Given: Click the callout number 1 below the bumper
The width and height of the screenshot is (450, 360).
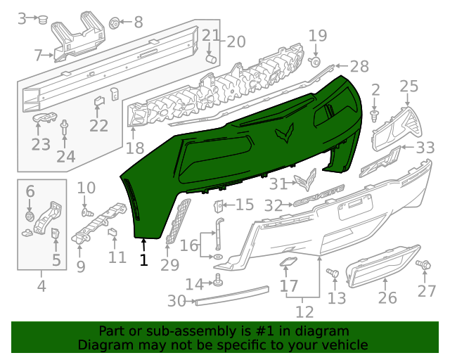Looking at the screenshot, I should pos(143,260).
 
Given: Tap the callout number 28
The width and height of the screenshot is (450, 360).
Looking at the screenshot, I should pos(359,67).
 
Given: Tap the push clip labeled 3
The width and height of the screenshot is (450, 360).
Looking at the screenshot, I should pos(43,20).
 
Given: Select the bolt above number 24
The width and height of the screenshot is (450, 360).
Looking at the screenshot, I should pos(65,129).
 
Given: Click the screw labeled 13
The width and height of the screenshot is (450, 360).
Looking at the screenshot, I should pos(334,273).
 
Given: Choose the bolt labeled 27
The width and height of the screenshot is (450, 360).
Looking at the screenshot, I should pos(424,264).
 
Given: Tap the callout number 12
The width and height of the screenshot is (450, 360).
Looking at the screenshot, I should pos(304,310).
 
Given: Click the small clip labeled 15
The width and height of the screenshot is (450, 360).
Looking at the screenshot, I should pos(218,205).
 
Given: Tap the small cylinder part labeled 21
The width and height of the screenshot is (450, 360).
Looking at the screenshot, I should pos(210,58).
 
